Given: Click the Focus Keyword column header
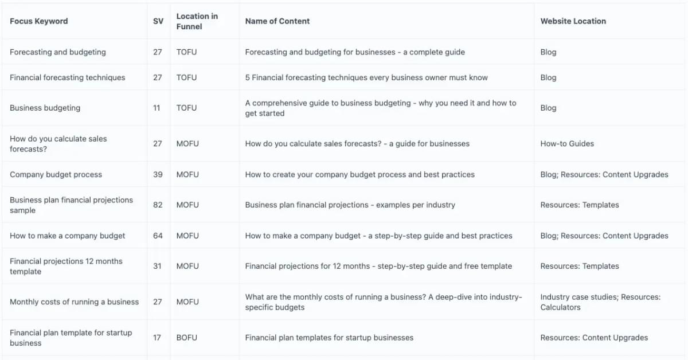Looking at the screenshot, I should (x=39, y=21).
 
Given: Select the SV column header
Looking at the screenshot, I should (x=158, y=21).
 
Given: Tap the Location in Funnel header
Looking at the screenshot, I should (x=197, y=21).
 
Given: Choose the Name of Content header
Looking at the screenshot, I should (x=277, y=21).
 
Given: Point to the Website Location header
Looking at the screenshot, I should (x=573, y=21).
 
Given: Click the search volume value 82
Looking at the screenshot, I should (x=158, y=205).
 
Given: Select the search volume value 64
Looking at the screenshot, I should (x=158, y=236).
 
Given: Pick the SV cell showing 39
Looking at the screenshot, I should (x=158, y=174).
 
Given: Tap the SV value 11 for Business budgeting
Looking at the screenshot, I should (x=157, y=108).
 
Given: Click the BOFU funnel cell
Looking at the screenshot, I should (x=187, y=338).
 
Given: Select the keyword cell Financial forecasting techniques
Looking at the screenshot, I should (x=68, y=77).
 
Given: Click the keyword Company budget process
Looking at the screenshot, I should (x=56, y=174).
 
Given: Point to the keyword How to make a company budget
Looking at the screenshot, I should (x=68, y=236).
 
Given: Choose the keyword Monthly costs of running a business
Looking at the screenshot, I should (x=74, y=302).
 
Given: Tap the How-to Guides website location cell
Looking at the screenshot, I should (x=567, y=143).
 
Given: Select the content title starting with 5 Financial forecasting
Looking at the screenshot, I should (x=366, y=77).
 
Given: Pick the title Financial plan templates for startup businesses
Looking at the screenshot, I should (x=329, y=338).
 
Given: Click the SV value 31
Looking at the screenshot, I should (x=158, y=266).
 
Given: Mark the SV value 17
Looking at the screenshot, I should (x=157, y=338).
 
